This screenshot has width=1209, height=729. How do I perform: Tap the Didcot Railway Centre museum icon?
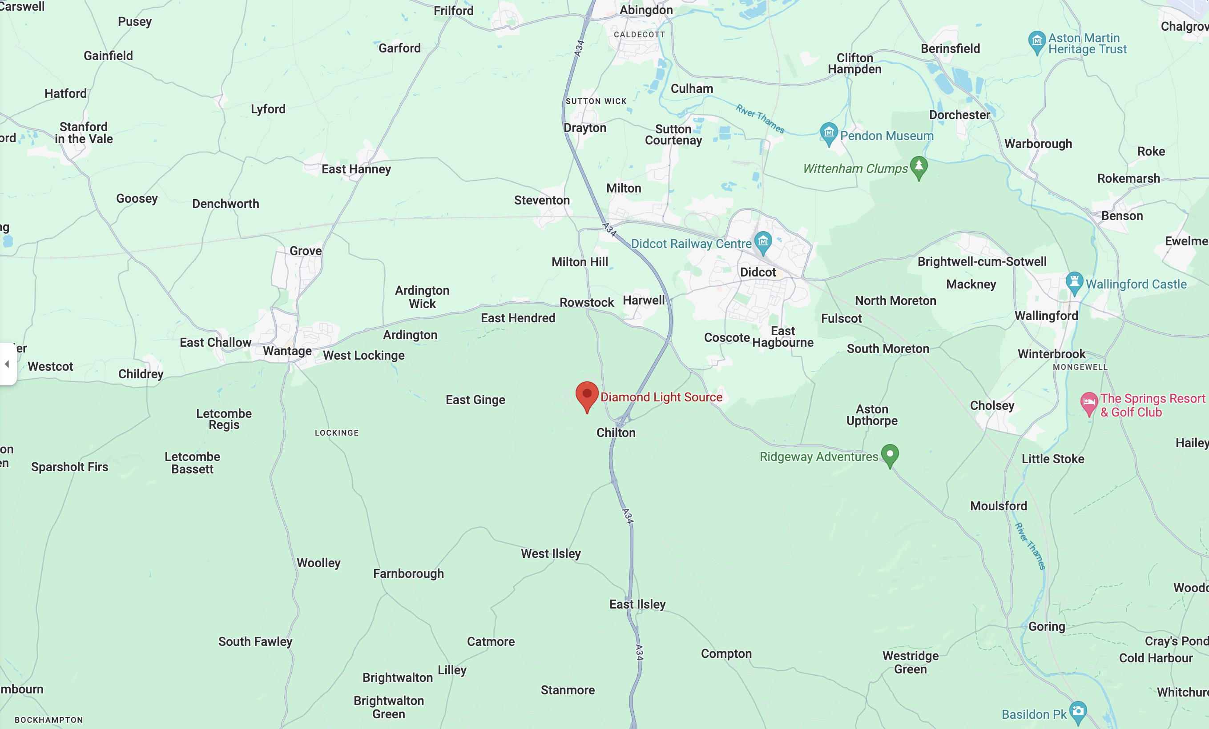click(x=763, y=242)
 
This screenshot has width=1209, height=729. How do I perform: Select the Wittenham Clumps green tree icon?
click(x=919, y=167)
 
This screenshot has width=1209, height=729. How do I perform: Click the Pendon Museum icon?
click(x=829, y=133)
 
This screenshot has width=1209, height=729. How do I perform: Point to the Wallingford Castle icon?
click(x=1074, y=282)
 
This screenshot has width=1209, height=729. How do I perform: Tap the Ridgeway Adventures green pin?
click(x=890, y=455)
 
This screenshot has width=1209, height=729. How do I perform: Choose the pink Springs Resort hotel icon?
click(x=1089, y=403)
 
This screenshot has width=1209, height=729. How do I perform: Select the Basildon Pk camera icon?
click(x=1078, y=712)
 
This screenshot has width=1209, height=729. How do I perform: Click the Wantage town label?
click(x=287, y=351)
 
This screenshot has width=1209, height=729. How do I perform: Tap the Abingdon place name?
click(x=646, y=10)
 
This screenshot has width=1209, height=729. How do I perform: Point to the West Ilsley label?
click(x=551, y=553)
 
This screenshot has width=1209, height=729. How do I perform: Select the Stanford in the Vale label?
click(x=84, y=133)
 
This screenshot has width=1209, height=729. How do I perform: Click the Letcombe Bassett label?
click(x=192, y=463)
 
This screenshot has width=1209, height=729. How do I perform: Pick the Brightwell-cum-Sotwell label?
click(x=982, y=262)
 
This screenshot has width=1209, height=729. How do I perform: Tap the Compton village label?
click(x=726, y=653)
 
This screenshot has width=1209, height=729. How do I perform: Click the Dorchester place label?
click(x=959, y=115)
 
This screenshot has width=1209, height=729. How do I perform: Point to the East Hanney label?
click(x=356, y=169)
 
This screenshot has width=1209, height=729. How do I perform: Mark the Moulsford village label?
click(x=998, y=506)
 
